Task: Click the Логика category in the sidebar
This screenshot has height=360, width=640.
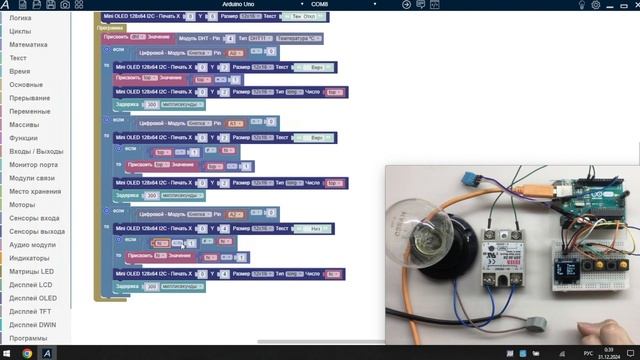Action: (20, 18)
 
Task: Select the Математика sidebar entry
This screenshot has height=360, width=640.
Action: (28, 45)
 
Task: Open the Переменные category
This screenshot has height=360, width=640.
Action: (30, 111)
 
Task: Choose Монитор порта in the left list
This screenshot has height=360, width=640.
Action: (33, 164)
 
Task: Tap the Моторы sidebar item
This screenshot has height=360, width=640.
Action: (22, 204)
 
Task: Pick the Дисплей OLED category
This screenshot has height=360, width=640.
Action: (33, 298)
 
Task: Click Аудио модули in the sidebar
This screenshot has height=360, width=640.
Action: (33, 244)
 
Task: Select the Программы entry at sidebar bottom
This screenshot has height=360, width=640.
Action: (28, 338)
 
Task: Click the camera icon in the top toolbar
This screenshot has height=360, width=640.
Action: (65, 5)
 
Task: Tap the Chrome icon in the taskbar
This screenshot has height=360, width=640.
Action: (27, 353)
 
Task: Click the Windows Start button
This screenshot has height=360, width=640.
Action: (8, 353)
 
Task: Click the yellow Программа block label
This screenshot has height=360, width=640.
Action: (110, 28)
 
